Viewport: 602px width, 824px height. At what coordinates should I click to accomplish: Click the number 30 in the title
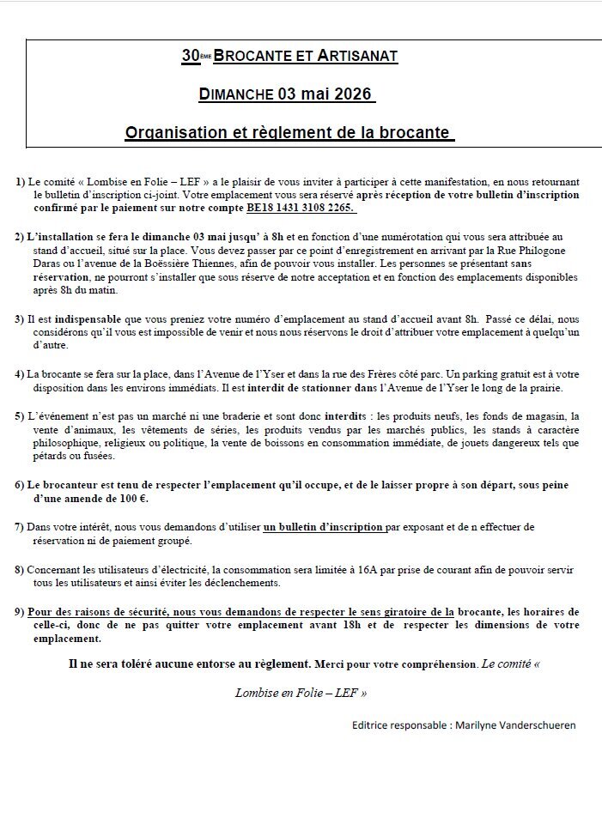190,57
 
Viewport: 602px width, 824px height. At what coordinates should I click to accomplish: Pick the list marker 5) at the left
20,416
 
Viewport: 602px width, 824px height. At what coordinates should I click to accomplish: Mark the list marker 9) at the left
20,611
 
